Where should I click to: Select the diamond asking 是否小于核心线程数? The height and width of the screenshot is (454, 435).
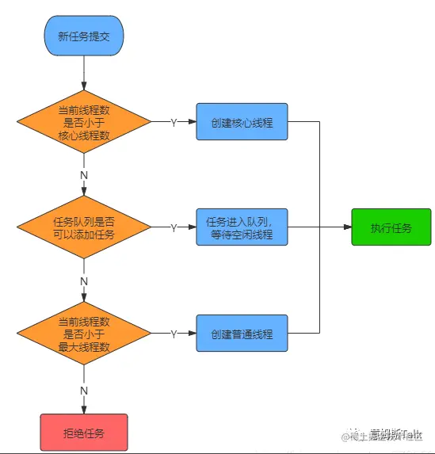(x=84, y=123)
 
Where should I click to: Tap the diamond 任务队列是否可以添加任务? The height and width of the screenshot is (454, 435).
(x=84, y=228)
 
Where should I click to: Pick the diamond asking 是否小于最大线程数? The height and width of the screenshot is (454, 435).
(x=84, y=334)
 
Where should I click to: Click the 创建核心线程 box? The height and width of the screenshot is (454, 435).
(x=242, y=123)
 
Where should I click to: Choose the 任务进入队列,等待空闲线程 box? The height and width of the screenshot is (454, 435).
(x=242, y=228)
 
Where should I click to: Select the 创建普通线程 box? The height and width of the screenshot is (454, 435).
(x=242, y=334)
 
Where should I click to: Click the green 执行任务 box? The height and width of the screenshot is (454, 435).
(x=391, y=228)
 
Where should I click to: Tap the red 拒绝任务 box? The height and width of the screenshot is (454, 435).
(x=84, y=433)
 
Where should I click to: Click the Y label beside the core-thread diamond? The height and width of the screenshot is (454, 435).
(x=174, y=123)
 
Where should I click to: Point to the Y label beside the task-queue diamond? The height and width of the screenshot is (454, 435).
(x=174, y=228)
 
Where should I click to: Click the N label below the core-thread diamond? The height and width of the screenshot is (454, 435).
(x=84, y=174)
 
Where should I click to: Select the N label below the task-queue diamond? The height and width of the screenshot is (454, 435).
(x=84, y=280)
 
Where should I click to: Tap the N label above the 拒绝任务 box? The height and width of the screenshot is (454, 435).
(x=84, y=388)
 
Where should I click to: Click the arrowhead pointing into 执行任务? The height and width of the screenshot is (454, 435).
(x=346, y=228)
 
